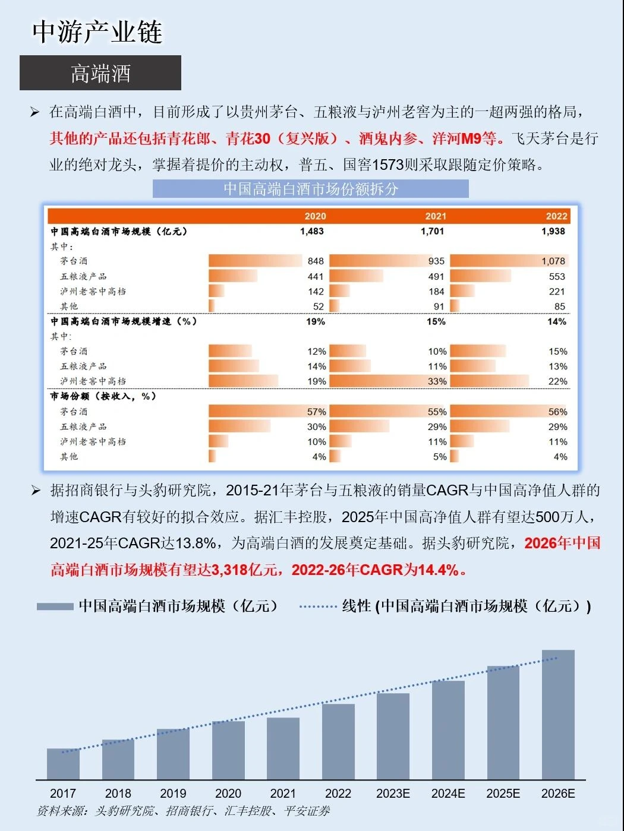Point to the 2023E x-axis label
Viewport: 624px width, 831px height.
pyautogui.click(x=393, y=794)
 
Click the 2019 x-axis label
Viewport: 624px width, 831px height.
pyautogui.click(x=173, y=794)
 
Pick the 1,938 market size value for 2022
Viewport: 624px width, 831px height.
pyautogui.click(x=553, y=231)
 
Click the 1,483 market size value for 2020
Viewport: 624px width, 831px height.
pyautogui.click(x=311, y=231)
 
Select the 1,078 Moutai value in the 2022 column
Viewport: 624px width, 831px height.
pyautogui.click(x=553, y=261)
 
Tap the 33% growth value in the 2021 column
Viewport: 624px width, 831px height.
pyautogui.click(x=437, y=381)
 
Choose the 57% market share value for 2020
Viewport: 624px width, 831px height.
pyautogui.click(x=316, y=412)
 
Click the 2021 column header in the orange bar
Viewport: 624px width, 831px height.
pyautogui.click(x=435, y=216)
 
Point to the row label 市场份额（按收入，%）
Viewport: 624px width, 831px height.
pyautogui.click(x=103, y=396)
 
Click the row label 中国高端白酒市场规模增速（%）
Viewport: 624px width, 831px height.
pyautogui.click(x=123, y=321)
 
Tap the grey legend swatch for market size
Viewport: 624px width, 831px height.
pyautogui.click(x=55, y=606)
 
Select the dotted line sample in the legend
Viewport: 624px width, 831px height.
pyautogui.click(x=318, y=606)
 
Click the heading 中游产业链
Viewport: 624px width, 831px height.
pyautogui.click(x=97, y=32)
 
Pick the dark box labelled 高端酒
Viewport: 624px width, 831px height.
pyautogui.click(x=100, y=73)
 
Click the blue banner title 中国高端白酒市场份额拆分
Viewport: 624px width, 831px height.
pyautogui.click(x=310, y=189)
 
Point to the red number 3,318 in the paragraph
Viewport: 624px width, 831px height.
pyautogui.click(x=228, y=570)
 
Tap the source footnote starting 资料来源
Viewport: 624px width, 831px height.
pyautogui.click(x=183, y=811)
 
